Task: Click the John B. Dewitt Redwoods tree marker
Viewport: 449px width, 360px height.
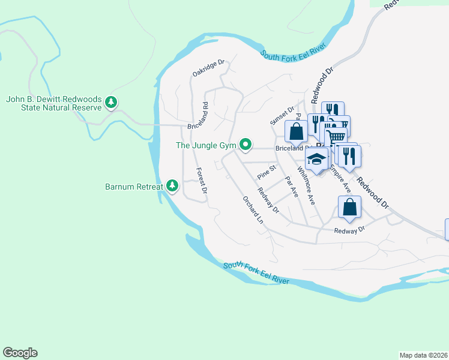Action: point(110,103)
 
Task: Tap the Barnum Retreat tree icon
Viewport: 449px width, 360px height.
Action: point(172,186)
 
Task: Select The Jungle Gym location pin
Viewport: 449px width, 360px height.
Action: point(246,145)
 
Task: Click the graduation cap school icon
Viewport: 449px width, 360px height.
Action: point(316,159)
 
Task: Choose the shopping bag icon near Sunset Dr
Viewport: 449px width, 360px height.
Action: point(296,130)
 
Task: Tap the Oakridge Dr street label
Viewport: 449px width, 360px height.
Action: point(208,67)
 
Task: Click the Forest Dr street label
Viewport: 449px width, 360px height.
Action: point(200,179)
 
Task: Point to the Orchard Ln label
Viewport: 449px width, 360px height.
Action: point(253,210)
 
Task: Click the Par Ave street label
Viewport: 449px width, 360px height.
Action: point(291,187)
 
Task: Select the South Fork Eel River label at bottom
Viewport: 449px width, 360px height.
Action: point(256,273)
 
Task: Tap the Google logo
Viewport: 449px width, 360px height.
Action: point(20,353)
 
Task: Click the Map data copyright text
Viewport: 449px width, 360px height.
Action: point(423,355)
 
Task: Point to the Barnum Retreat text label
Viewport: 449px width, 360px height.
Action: point(133,187)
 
